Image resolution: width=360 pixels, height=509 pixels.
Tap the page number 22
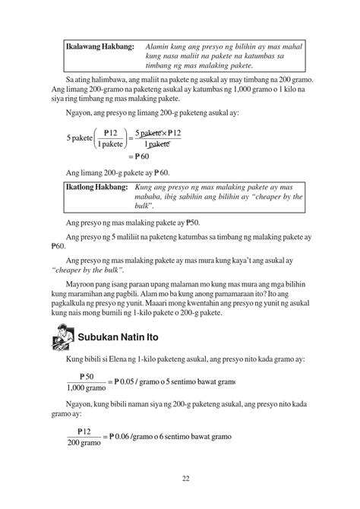pos(185,478)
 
